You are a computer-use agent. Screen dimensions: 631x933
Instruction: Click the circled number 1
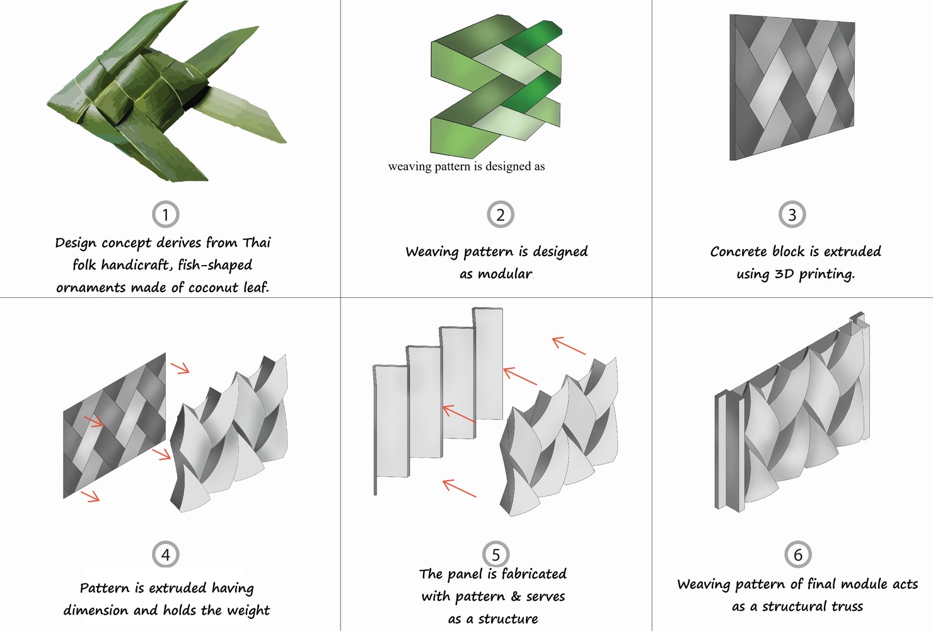pos(166,215)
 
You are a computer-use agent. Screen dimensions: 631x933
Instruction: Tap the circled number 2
pos(501,215)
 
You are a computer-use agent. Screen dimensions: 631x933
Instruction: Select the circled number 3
pos(792,215)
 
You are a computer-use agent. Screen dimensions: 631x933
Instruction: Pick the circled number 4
pos(166,555)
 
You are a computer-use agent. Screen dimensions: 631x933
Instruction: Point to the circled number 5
pos(496,555)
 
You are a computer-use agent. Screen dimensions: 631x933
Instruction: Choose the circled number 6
pos(798,555)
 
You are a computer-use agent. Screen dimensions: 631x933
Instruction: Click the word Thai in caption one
pos(257,242)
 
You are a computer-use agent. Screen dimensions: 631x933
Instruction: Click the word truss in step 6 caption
pos(847,606)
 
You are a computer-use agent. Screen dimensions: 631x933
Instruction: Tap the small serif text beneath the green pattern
pos(466,167)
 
